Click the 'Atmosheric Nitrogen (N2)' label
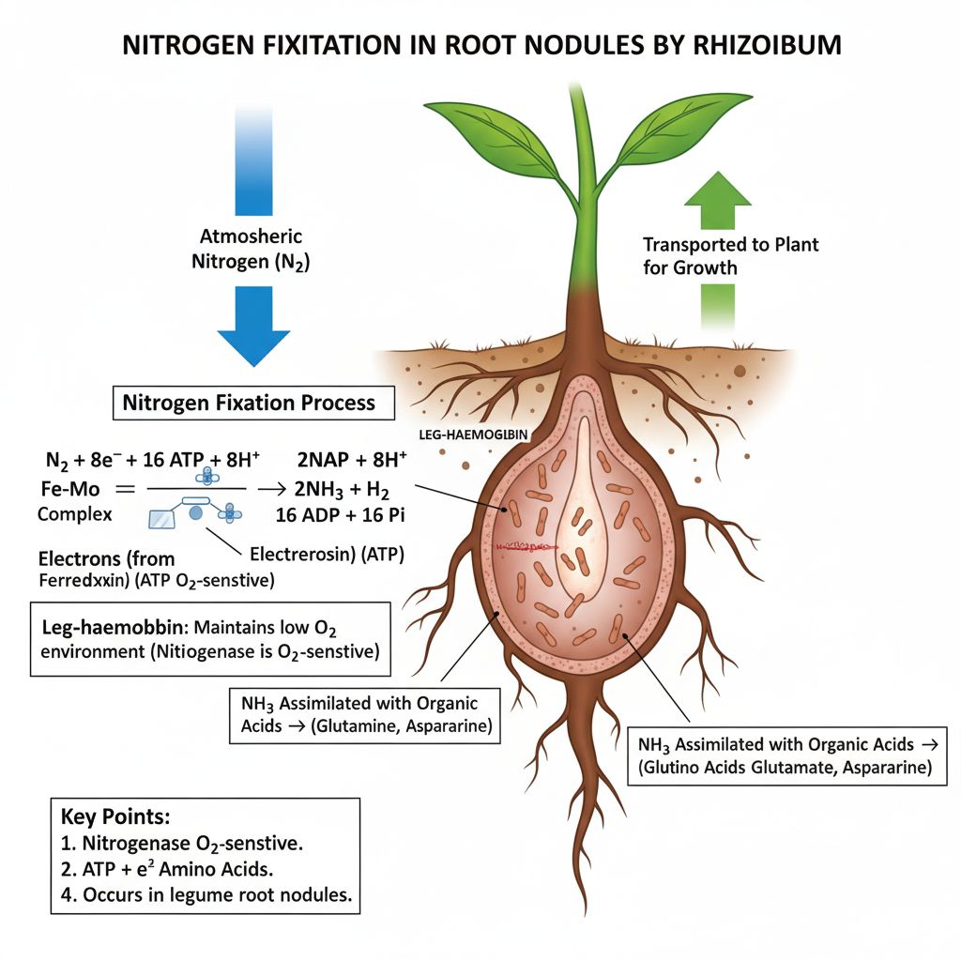(x=251, y=251)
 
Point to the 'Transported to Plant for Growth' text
(x=730, y=255)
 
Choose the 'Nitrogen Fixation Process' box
(x=249, y=404)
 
